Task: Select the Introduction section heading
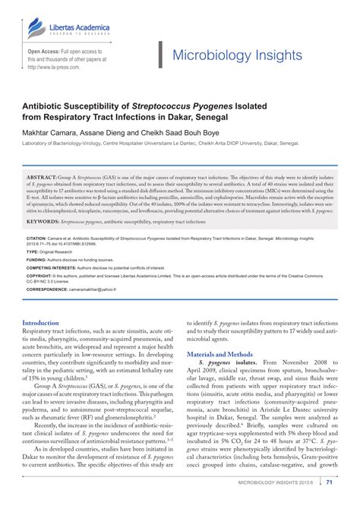pyautogui.click(x=46, y=322)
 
